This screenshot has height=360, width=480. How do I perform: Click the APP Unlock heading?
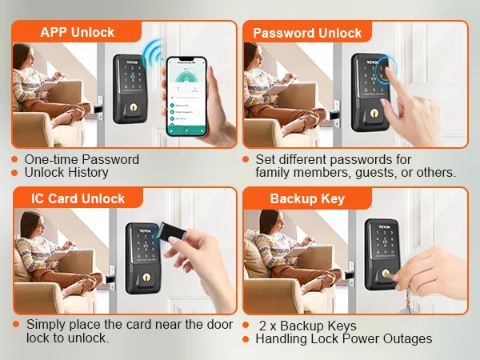click(77, 33)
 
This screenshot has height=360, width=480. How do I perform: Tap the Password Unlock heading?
click(307, 33)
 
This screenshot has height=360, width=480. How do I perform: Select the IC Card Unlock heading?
click(77, 198)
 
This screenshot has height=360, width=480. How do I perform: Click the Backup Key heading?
click(307, 198)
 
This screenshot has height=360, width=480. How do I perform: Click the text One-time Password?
click(82, 159)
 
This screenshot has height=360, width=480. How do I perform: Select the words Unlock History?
click(66, 172)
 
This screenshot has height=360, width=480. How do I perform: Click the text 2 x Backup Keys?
click(308, 326)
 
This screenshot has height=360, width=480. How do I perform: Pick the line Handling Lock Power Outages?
click(343, 338)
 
